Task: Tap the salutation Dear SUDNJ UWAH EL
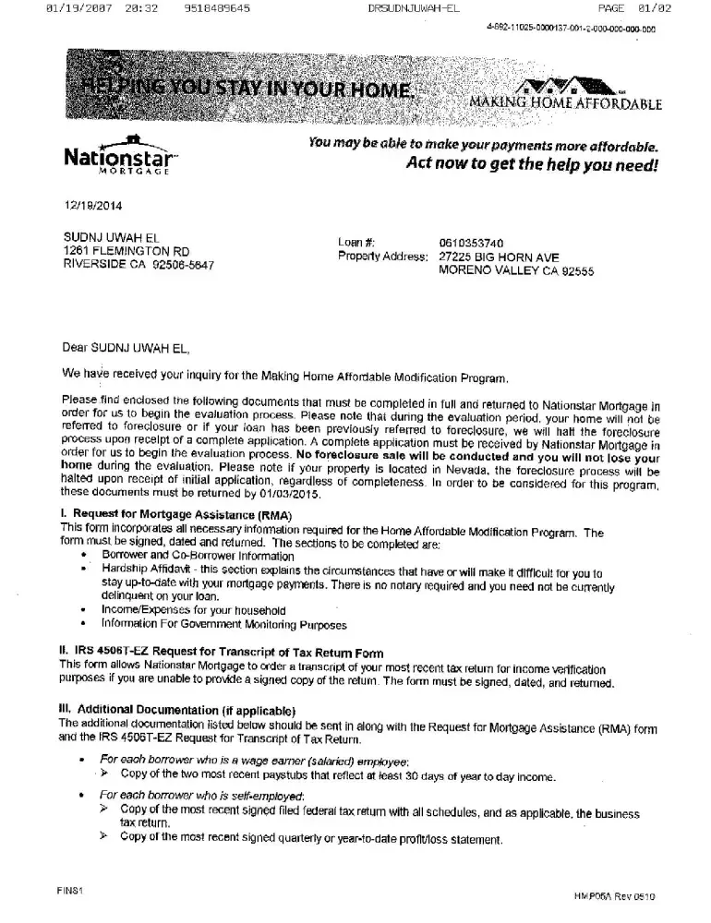click(126, 348)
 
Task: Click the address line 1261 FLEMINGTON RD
click(127, 250)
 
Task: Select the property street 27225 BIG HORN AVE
click(499, 257)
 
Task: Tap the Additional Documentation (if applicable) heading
click(176, 710)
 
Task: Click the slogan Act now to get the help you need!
click(534, 165)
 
